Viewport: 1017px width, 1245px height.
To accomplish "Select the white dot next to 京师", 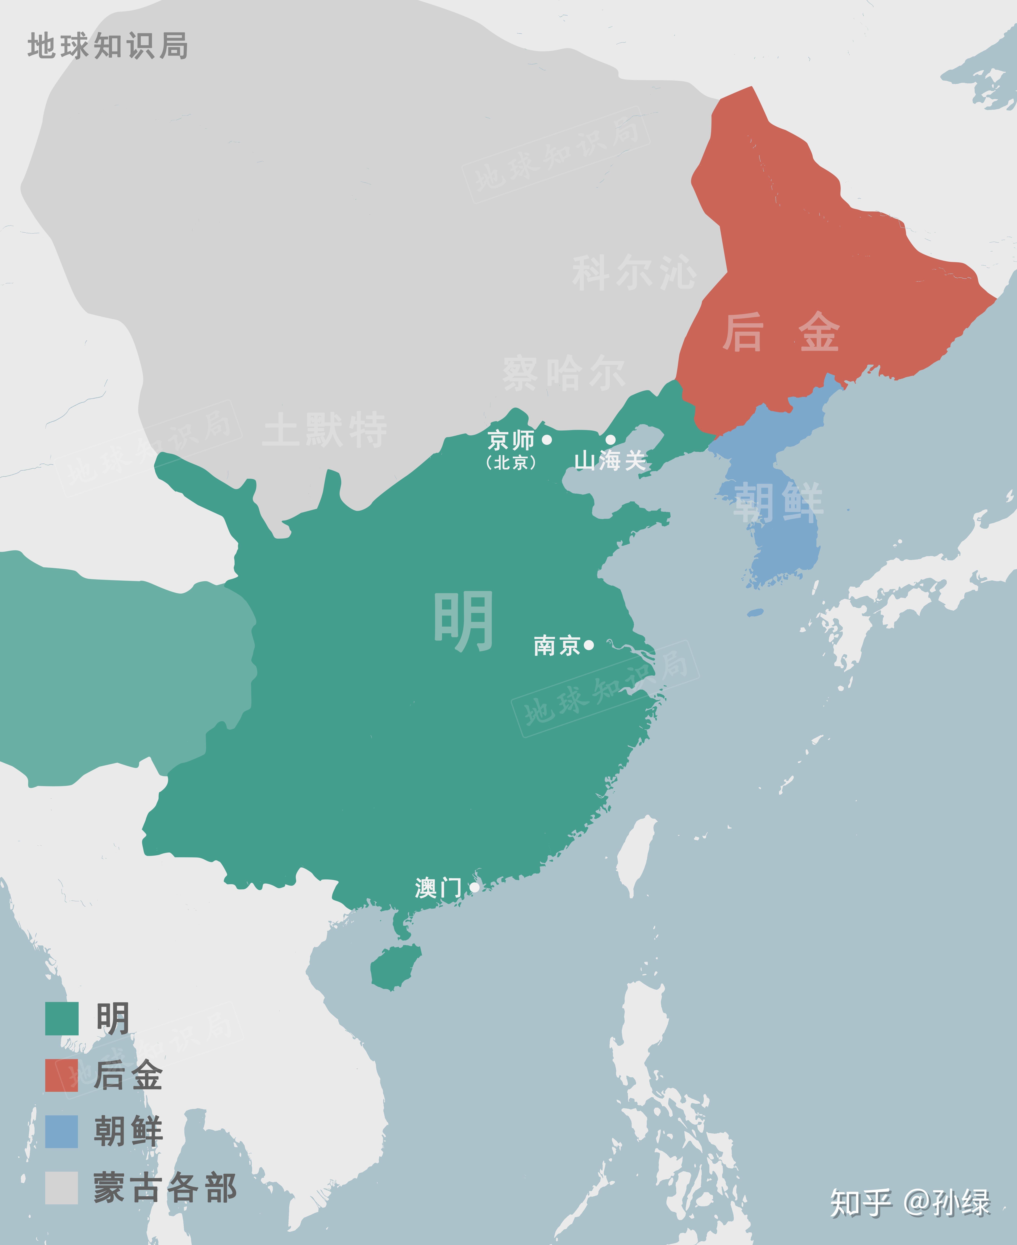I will pyautogui.click(x=547, y=439).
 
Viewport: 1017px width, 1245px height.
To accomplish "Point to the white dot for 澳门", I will pyautogui.click(x=474, y=887).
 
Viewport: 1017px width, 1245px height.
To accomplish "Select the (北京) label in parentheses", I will pyautogui.click(x=511, y=463).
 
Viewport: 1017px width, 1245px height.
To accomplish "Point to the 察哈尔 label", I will pyautogui.click(x=564, y=373).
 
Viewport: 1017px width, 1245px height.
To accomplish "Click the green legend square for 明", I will pyautogui.click(x=61, y=1019).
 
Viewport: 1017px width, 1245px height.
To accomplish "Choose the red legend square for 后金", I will pyautogui.click(x=61, y=1075).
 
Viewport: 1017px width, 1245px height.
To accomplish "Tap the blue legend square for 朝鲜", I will pyautogui.click(x=61, y=1131).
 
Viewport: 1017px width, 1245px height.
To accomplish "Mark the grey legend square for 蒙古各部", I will pyautogui.click(x=61, y=1188).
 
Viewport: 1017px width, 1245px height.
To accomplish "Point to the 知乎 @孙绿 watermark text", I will pyautogui.click(x=910, y=1203).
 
